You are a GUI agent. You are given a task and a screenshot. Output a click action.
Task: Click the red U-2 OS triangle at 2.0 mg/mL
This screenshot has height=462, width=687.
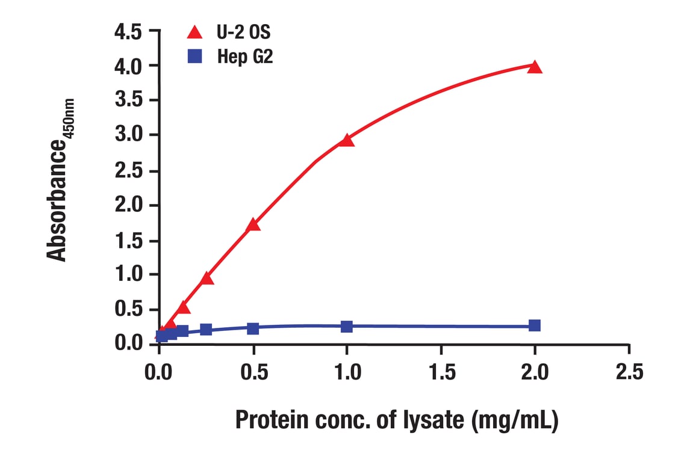(x=534, y=67)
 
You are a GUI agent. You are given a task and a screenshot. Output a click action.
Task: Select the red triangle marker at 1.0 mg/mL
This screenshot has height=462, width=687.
(x=346, y=140)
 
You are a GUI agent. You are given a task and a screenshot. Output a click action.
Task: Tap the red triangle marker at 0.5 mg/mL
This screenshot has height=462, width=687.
(x=253, y=225)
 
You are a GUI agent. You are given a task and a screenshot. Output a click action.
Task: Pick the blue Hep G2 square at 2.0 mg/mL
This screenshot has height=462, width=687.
(x=534, y=325)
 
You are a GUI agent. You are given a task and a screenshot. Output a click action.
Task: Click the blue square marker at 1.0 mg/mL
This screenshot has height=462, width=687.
(x=346, y=327)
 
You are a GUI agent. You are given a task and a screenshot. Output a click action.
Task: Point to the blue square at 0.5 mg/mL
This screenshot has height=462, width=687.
(x=253, y=328)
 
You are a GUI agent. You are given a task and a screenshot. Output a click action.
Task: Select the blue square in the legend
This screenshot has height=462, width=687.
(x=194, y=57)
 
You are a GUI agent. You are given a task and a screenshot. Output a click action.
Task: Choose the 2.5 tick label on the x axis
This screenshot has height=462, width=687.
(x=629, y=371)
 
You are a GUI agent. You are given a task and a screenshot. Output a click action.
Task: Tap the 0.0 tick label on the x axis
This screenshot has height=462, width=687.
(x=159, y=371)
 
